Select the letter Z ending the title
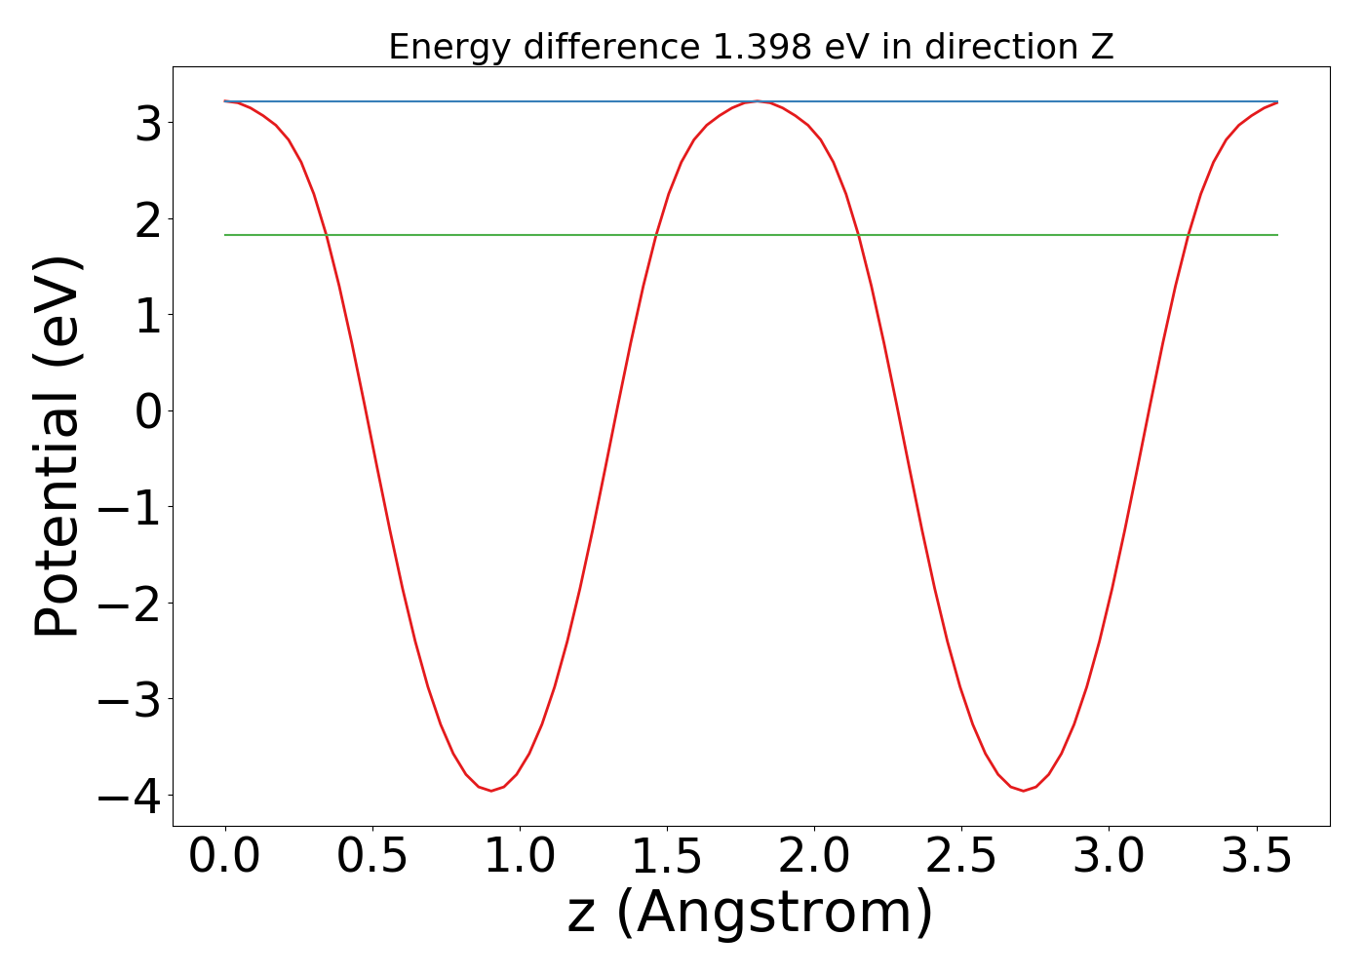(1102, 47)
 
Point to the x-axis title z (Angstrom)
(750, 913)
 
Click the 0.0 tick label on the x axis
(225, 857)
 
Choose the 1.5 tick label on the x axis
(667, 857)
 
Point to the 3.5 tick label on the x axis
(1256, 857)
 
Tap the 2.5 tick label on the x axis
(961, 857)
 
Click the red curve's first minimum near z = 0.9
(490, 790)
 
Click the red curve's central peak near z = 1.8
(757, 101)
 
